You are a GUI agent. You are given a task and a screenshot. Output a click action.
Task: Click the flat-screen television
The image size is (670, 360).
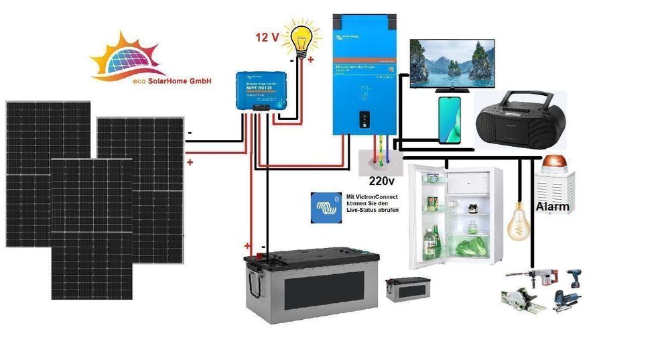(x=452, y=62)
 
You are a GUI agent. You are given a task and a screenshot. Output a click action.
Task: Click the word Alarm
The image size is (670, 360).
(x=553, y=206)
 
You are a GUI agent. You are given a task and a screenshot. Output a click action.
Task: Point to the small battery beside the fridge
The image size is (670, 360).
(x=407, y=289)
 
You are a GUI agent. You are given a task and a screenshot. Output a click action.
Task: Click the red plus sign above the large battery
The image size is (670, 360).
(x=247, y=246)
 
